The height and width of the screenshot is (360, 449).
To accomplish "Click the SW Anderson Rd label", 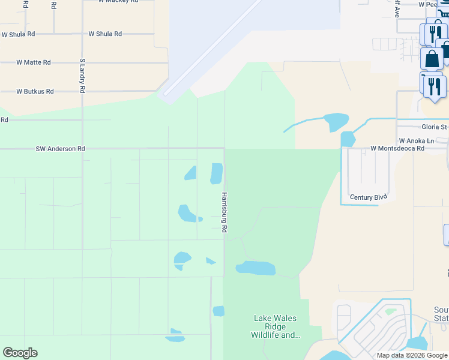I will [x=59, y=149].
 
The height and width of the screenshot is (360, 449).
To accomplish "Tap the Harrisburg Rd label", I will [x=223, y=212].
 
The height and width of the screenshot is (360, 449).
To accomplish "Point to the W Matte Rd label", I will [x=34, y=62].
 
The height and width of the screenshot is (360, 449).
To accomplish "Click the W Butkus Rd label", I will [x=35, y=91].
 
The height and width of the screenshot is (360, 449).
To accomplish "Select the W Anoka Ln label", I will [x=416, y=140].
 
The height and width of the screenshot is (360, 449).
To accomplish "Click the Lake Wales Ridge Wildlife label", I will [x=276, y=326].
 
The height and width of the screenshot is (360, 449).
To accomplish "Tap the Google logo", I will [x=20, y=353].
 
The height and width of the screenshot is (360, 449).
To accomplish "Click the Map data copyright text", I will [x=412, y=355].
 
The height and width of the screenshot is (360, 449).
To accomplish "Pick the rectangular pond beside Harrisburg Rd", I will [x=216, y=173].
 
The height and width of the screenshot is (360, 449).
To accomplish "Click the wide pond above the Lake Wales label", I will [x=256, y=268].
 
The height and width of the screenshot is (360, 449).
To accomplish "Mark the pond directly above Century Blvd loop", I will [x=348, y=139].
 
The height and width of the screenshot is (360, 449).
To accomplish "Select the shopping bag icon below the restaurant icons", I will [x=432, y=59].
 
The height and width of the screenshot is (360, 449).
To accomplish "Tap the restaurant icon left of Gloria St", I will [x=433, y=86].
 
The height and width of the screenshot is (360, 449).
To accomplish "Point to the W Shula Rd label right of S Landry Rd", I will [x=105, y=34].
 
